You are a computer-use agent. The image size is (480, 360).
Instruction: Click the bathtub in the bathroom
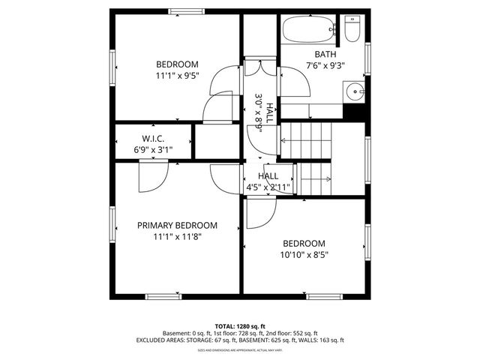tap(308, 31)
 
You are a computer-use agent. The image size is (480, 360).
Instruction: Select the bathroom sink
tap(355, 93)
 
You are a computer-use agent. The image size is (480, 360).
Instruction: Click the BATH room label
tap(325, 54)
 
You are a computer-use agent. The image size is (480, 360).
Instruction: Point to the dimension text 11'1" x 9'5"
tap(177, 76)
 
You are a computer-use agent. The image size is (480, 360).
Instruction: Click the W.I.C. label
tap(153, 138)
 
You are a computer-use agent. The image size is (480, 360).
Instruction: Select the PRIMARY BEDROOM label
tap(177, 225)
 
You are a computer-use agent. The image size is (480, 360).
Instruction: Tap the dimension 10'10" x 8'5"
tap(304, 255)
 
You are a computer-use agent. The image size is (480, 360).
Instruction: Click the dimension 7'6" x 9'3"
tap(325, 65)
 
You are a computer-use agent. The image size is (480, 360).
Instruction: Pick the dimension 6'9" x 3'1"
tap(153, 149)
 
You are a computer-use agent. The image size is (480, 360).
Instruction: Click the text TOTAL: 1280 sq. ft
tap(239, 326)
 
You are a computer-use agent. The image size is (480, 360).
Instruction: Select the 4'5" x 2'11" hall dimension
tap(268, 187)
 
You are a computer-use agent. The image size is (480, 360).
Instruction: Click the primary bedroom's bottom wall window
tap(163, 297)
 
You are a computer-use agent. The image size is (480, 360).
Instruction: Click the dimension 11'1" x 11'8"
tap(177, 236)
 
